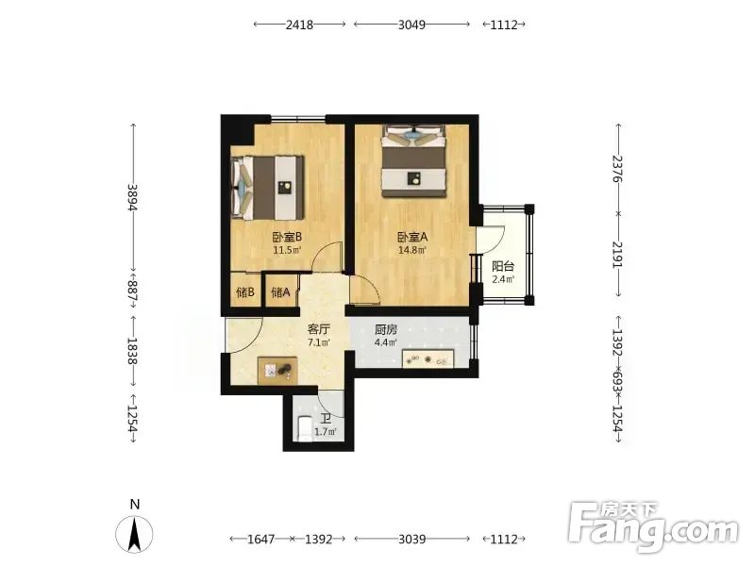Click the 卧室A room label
pos(412,238)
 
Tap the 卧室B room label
pos(287,237)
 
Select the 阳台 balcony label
pos(503,266)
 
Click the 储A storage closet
pos(281,291)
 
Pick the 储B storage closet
pos(245,291)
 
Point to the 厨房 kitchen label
pos(386,330)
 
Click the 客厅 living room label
pos(318,329)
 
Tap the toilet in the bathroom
pos(305,428)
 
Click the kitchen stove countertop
pos(428,359)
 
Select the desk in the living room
pos(277,370)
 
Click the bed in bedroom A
pos(414,160)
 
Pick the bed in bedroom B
pos(268,187)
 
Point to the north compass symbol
pos(135,533)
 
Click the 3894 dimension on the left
pos(132,197)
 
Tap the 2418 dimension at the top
pos(299,25)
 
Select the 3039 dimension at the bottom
pos(412,539)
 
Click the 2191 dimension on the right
pos(618,255)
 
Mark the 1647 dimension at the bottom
pos(261,539)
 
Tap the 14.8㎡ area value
pos(412,250)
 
